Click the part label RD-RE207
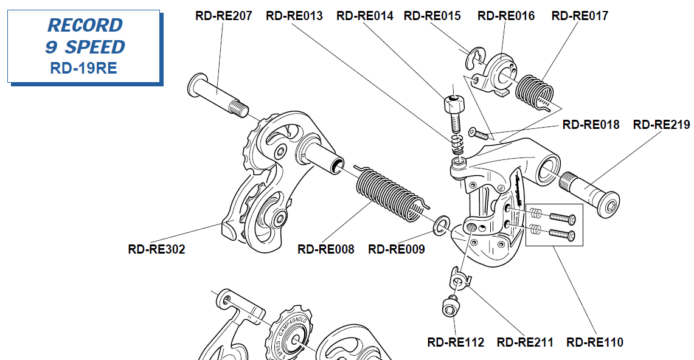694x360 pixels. tap(223, 16)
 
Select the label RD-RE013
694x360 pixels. tap(294, 16)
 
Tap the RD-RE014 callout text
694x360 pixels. tap(365, 16)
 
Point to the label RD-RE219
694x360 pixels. tap(661, 125)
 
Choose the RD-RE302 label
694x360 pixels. tap(157, 249)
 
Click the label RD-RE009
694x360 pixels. tap(397, 249)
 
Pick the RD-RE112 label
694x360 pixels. tap(456, 342)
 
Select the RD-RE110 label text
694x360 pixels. tap(595, 342)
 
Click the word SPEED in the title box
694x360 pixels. tap(95, 47)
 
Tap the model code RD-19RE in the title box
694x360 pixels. tap(84, 68)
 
